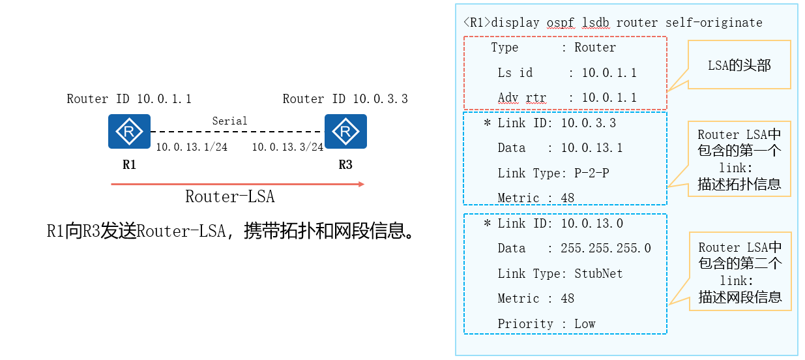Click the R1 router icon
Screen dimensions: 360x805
coord(129,131)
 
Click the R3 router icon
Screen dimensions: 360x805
coord(345,131)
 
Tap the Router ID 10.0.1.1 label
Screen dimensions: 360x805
coord(129,99)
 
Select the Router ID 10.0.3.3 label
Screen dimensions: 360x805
coord(345,99)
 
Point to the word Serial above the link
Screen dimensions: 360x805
coord(229,121)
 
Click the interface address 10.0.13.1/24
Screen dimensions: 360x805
coord(191,147)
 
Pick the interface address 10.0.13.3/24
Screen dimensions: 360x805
coord(287,147)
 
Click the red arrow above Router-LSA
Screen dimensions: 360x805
coord(238,185)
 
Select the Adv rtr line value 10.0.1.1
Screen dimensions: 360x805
coord(609,98)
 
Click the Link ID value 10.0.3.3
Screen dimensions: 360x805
coord(588,123)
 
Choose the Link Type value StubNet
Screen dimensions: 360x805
coord(598,274)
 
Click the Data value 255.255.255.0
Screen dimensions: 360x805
coord(606,248)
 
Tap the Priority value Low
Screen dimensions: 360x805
coord(585,324)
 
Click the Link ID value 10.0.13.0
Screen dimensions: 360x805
coord(592,224)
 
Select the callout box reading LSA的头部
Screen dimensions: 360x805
coord(739,65)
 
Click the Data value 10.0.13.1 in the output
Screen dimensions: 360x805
coord(591,148)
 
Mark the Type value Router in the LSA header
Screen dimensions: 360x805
coord(594,48)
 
